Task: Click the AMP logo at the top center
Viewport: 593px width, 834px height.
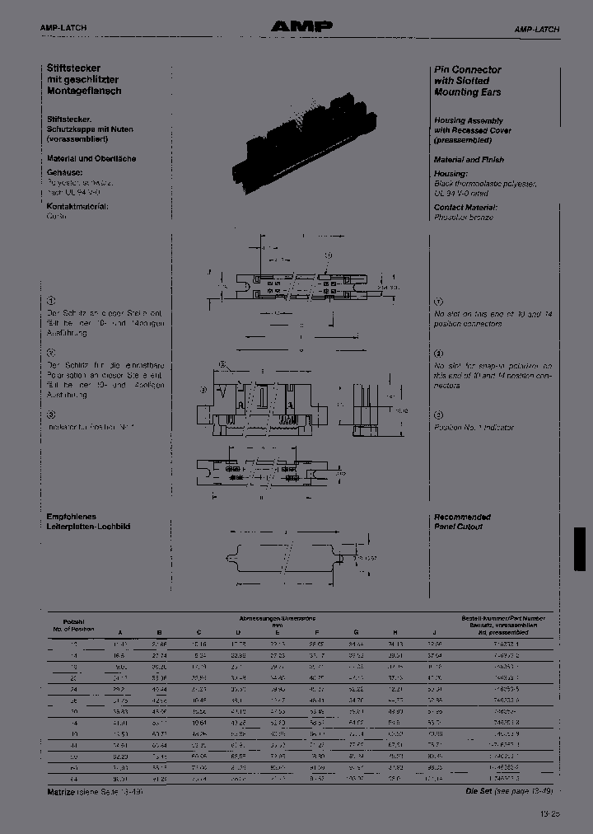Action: [x=302, y=27]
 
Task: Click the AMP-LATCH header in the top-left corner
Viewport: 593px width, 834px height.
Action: [x=63, y=28]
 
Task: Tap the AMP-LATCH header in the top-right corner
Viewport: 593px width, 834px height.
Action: [x=537, y=29]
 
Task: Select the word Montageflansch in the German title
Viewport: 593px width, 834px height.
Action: [x=84, y=91]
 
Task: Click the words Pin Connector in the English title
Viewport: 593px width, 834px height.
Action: [x=468, y=70]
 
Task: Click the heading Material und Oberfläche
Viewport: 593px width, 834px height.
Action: [x=91, y=158]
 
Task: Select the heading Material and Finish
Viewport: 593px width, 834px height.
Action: [x=469, y=159]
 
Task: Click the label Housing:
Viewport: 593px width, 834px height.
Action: [x=451, y=174]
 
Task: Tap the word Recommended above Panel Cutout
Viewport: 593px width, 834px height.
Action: [x=463, y=517]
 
